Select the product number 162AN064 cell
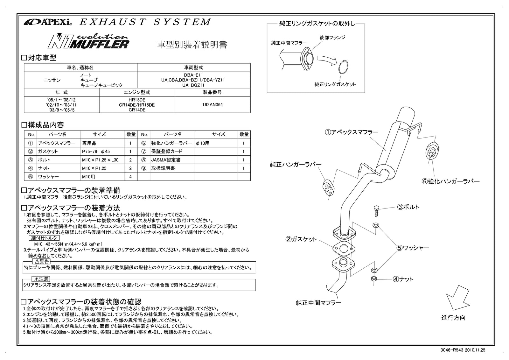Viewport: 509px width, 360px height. (x=212, y=104)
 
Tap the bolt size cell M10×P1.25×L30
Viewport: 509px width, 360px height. (x=102, y=160)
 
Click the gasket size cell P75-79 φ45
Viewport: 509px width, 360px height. (x=102, y=152)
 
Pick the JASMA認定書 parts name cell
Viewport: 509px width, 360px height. (x=172, y=160)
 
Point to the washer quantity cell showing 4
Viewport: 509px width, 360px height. (x=130, y=176)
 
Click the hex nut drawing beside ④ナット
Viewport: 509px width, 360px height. (x=374, y=279)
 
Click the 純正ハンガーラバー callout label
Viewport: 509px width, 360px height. (x=296, y=165)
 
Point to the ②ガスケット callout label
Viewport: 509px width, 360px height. (x=301, y=239)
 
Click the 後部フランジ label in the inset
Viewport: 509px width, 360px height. (x=332, y=38)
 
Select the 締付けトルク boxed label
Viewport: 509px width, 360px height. (x=44, y=238)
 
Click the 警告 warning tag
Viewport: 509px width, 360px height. (x=41, y=262)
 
